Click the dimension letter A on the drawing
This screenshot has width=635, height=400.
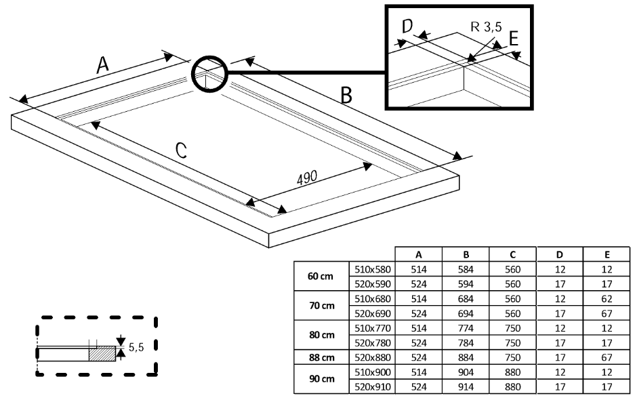click(x=102, y=65)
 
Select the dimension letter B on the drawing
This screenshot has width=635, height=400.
click(x=346, y=96)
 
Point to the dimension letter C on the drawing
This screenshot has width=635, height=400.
click(x=181, y=151)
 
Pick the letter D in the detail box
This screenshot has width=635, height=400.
click(x=407, y=26)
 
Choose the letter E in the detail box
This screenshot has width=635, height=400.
click(x=513, y=39)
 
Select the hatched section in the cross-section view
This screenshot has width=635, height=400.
click(x=102, y=353)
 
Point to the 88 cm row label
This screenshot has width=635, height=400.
click(x=321, y=357)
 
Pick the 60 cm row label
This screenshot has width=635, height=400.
click(x=321, y=277)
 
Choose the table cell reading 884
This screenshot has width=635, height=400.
click(x=466, y=357)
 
